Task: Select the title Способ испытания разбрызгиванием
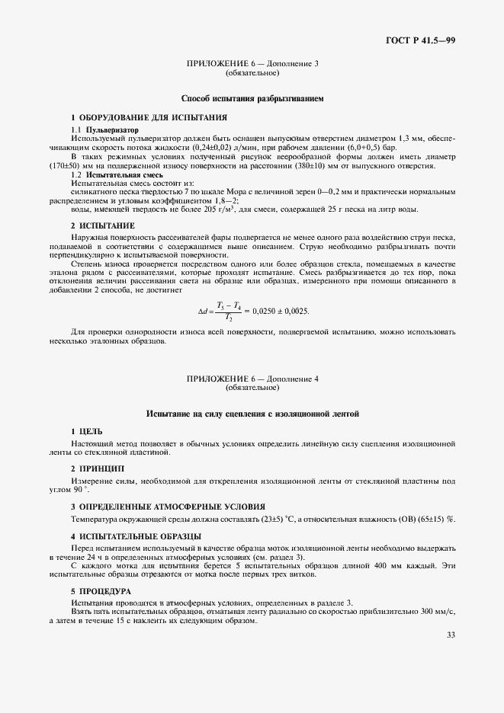coord(252,99)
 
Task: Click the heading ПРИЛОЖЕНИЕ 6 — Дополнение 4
coord(252,378)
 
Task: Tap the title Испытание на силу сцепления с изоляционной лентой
coord(252,414)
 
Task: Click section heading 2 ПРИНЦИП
coord(98,468)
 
